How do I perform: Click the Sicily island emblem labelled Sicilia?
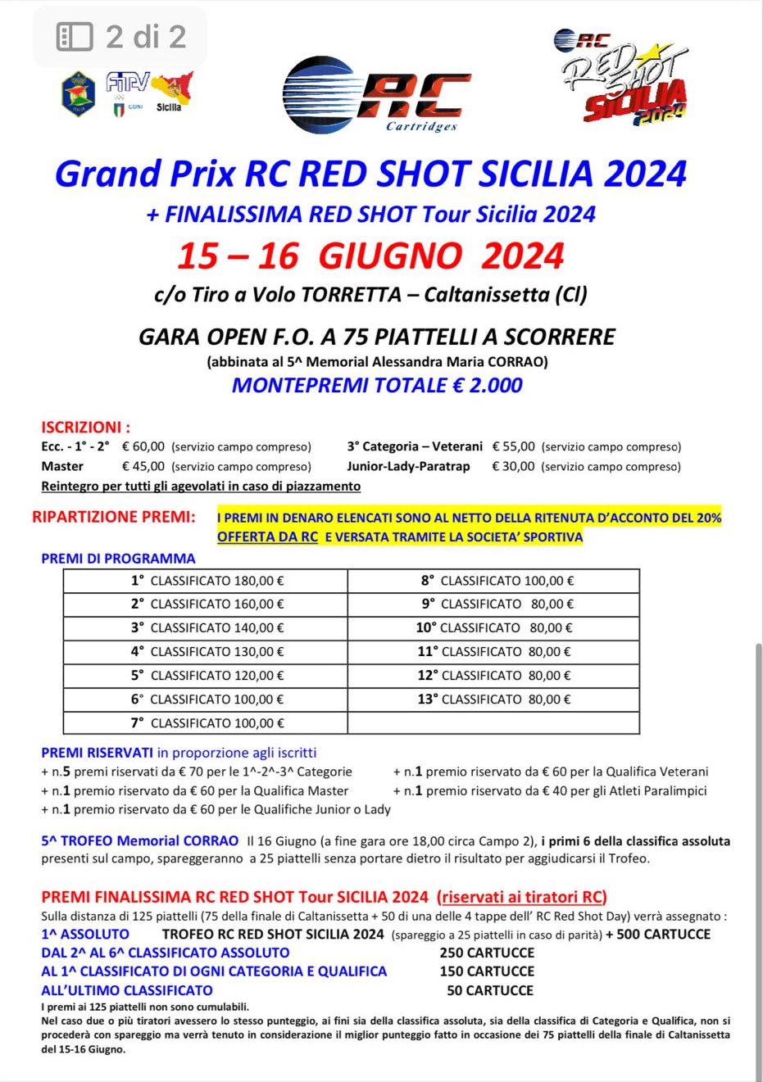coord(173,89)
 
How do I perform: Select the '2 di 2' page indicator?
coord(121,37)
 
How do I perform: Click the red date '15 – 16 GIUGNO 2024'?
coord(370,256)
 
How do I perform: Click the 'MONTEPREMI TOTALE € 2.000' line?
coord(377,386)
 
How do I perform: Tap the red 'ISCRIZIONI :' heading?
coord(85,427)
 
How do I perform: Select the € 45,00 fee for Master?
coord(143,466)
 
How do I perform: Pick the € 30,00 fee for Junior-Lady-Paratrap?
coord(513,466)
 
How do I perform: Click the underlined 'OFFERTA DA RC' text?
coord(267,537)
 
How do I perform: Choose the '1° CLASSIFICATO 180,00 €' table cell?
coord(206,581)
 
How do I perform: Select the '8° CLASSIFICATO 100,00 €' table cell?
coord(493,581)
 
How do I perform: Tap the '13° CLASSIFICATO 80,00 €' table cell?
coord(493,699)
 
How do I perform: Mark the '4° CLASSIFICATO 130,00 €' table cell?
coord(206,652)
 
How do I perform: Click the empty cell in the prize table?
coord(493,723)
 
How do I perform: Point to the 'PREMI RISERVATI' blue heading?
coord(97,753)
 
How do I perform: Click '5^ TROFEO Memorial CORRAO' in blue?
coord(140,841)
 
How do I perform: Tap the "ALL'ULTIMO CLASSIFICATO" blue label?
coord(127,990)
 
